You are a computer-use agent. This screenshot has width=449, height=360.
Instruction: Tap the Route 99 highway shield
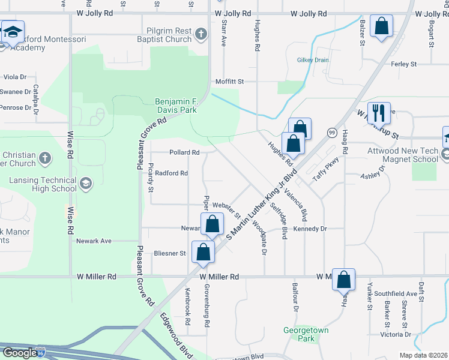(331, 132)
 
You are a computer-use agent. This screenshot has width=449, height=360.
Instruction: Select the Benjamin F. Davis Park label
(176, 106)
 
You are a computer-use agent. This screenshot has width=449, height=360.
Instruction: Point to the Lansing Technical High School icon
(85, 182)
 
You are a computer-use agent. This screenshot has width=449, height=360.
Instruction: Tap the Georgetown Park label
(299, 334)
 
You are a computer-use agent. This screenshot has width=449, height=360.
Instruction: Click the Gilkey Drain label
(313, 60)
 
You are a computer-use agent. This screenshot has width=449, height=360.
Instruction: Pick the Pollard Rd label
(184, 152)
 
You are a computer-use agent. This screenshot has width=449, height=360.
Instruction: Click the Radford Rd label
(172, 173)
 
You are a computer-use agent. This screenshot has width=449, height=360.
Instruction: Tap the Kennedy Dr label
(310, 229)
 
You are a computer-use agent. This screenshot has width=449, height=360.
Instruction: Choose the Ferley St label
(403, 64)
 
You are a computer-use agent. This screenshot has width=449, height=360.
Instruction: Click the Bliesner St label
(170, 253)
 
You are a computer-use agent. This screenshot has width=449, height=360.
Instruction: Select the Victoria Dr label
(396, 334)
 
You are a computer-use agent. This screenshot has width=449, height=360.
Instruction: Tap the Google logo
(19, 352)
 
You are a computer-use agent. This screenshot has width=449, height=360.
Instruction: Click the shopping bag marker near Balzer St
(381, 26)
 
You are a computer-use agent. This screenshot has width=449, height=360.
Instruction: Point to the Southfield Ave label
(395, 293)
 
